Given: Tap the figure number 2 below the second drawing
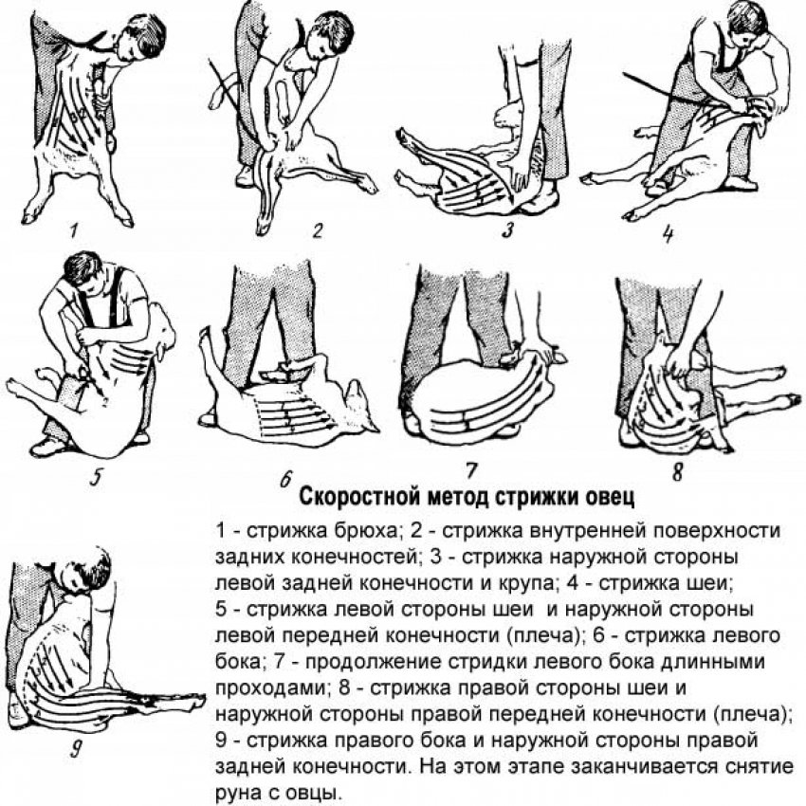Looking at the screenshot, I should [319, 229].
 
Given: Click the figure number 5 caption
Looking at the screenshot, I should [95, 477].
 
